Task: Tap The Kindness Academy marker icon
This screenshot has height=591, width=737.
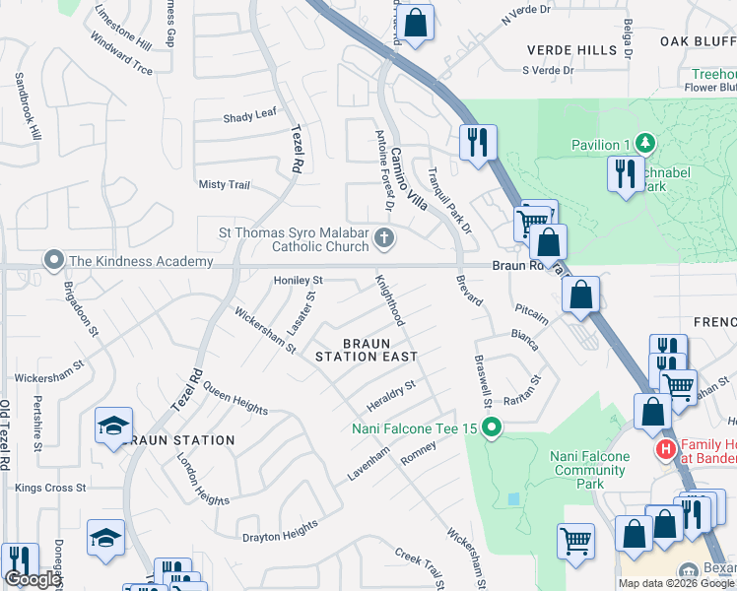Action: tap(52, 261)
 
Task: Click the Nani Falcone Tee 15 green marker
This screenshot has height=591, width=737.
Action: tap(495, 427)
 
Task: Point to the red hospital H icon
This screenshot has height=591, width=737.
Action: tap(665, 450)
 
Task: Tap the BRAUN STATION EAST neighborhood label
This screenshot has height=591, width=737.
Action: tap(367, 350)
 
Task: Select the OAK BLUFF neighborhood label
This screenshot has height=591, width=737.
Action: tap(698, 41)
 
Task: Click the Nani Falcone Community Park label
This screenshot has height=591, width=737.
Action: tap(590, 463)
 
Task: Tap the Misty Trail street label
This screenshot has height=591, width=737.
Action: tap(225, 184)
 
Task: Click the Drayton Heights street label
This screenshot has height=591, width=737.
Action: tap(282, 532)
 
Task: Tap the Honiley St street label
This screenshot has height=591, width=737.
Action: tap(299, 280)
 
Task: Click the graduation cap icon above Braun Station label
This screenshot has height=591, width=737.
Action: tap(113, 427)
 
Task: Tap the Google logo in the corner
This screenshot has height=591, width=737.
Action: tap(33, 579)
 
